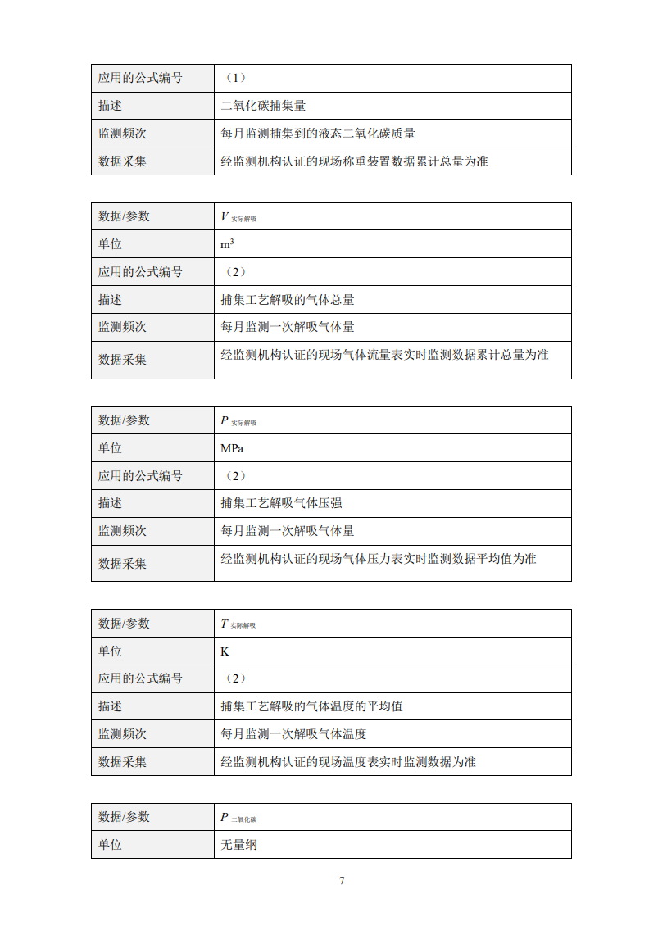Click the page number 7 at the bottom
[x=342, y=881]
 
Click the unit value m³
[x=227, y=244]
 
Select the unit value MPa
[x=232, y=448]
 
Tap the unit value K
[x=225, y=651]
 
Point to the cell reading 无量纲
[x=238, y=844]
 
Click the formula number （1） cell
[x=234, y=79]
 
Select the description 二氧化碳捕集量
[x=263, y=106]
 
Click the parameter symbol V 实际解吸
[x=238, y=217]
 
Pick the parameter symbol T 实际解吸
[x=238, y=624]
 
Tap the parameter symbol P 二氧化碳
[x=238, y=818]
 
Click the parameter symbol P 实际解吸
[x=238, y=421]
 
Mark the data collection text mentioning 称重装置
[x=354, y=161]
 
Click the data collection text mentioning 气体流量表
[x=384, y=355]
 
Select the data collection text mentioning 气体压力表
[x=379, y=559]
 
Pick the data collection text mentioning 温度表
[x=348, y=762]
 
